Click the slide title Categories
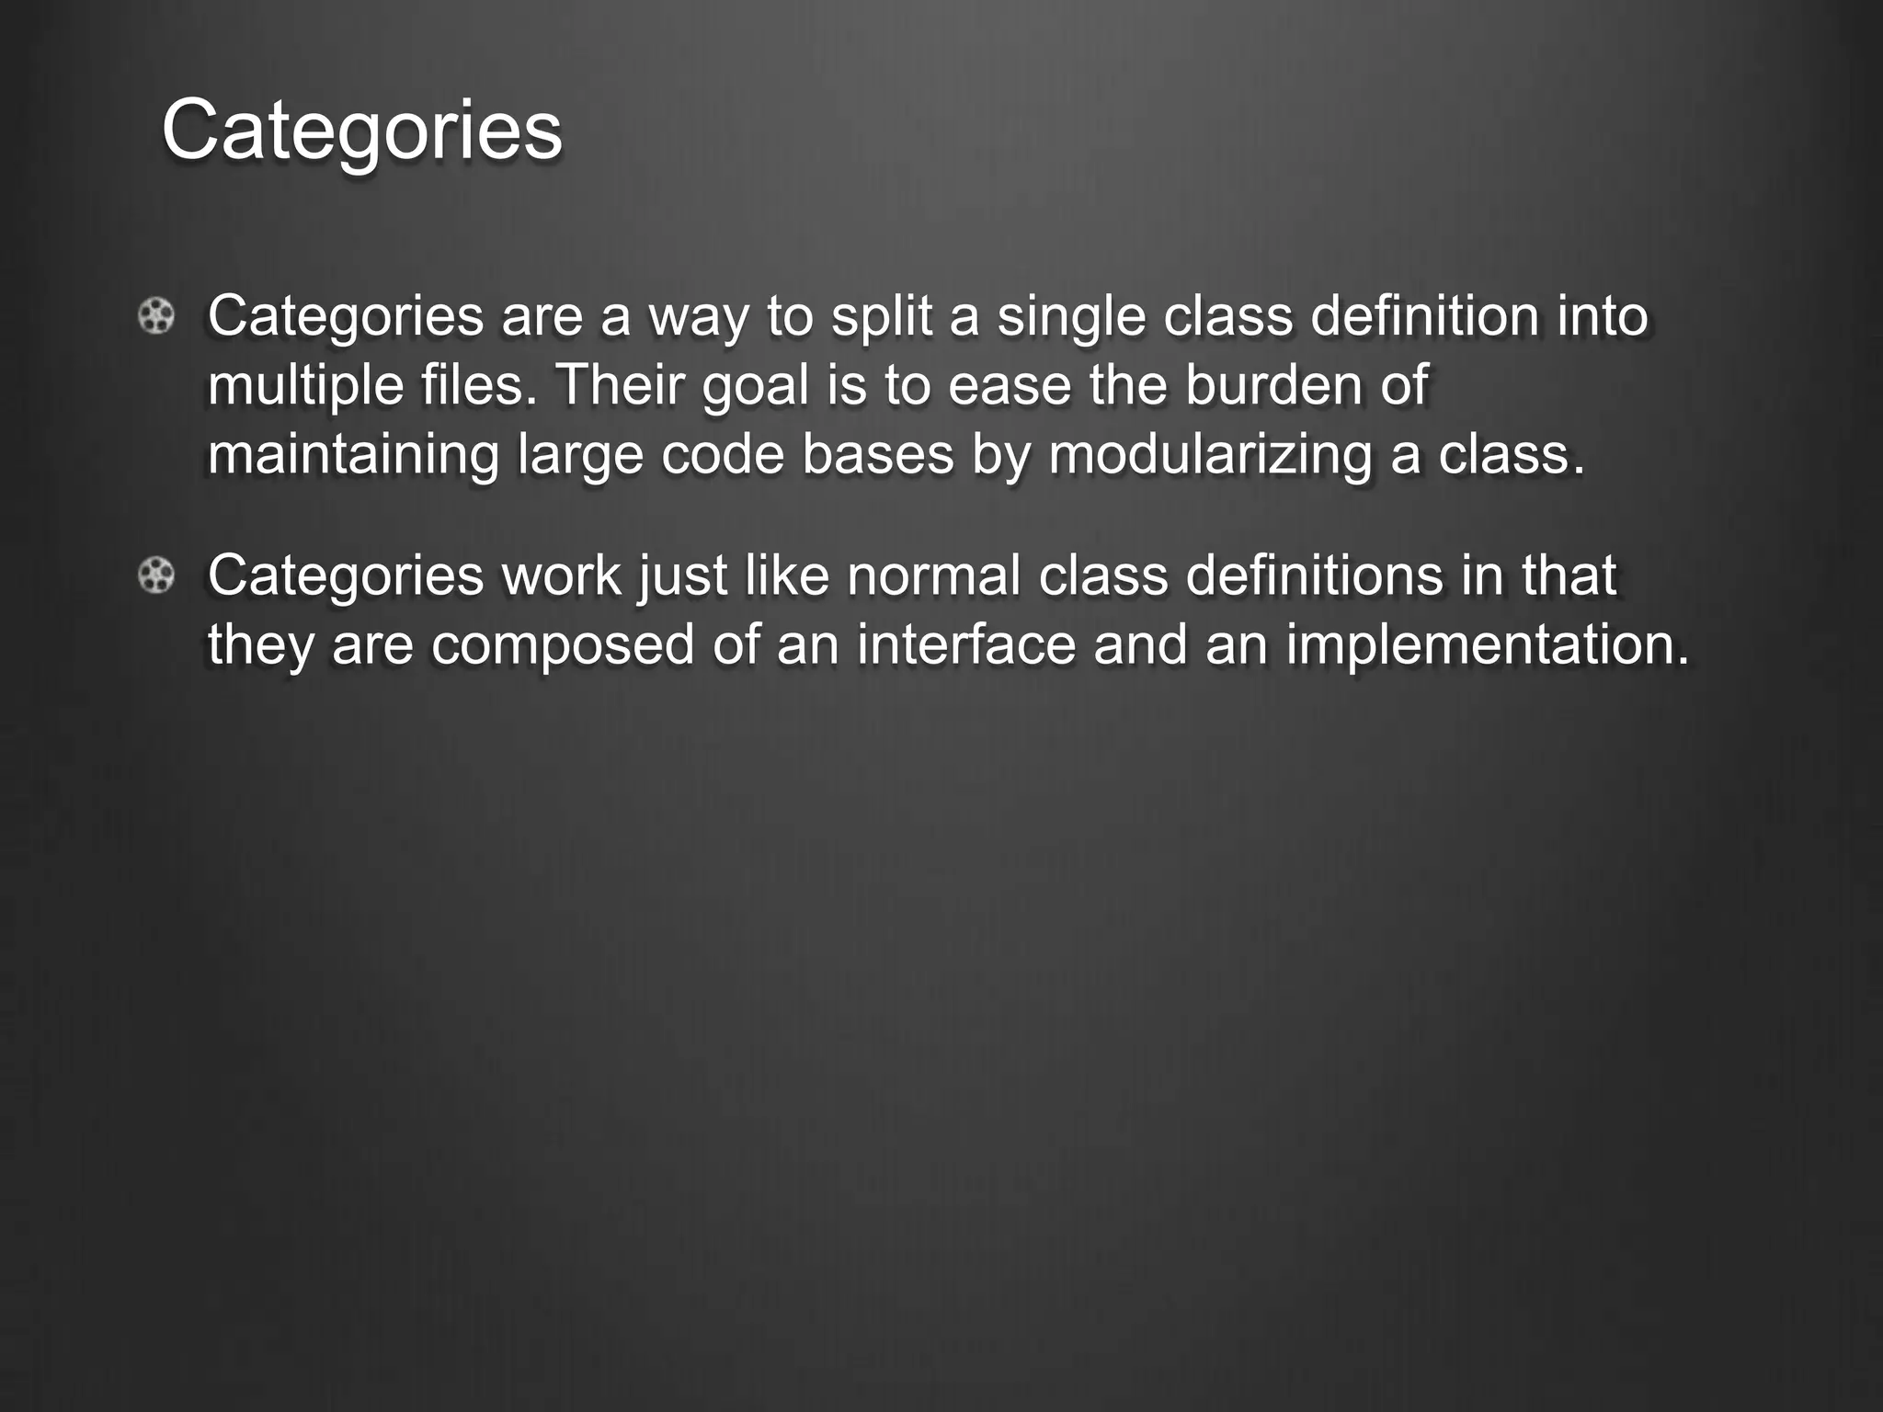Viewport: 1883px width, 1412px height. [361, 131]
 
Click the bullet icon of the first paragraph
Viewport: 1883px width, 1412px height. [156, 317]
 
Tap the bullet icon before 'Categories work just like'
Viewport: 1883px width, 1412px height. [156, 576]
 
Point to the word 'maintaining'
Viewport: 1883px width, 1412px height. [353, 454]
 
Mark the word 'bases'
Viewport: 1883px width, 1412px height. [878, 454]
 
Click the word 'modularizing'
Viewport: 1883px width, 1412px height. [1210, 456]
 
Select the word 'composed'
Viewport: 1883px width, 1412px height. [563, 646]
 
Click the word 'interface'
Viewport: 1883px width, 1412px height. [966, 644]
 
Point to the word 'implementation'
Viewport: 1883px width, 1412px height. [1487, 646]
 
